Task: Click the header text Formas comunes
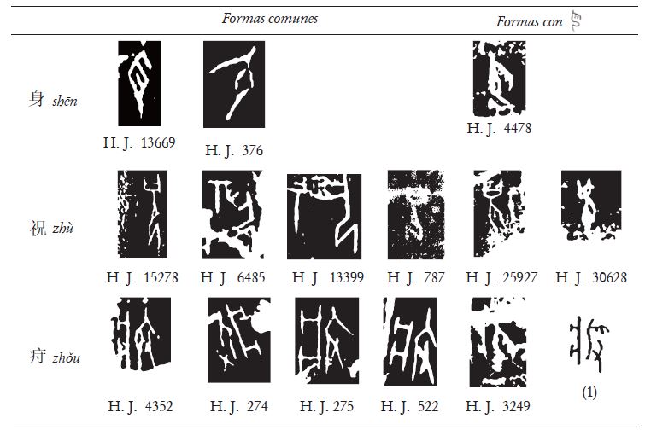(270, 19)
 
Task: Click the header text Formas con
(529, 22)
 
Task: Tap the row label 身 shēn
(53, 102)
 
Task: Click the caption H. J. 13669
(138, 142)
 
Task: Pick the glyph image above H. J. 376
(233, 85)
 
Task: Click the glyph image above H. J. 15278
(142, 213)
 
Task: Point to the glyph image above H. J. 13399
(324, 216)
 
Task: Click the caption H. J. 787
(413, 277)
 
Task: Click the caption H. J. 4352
(138, 405)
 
